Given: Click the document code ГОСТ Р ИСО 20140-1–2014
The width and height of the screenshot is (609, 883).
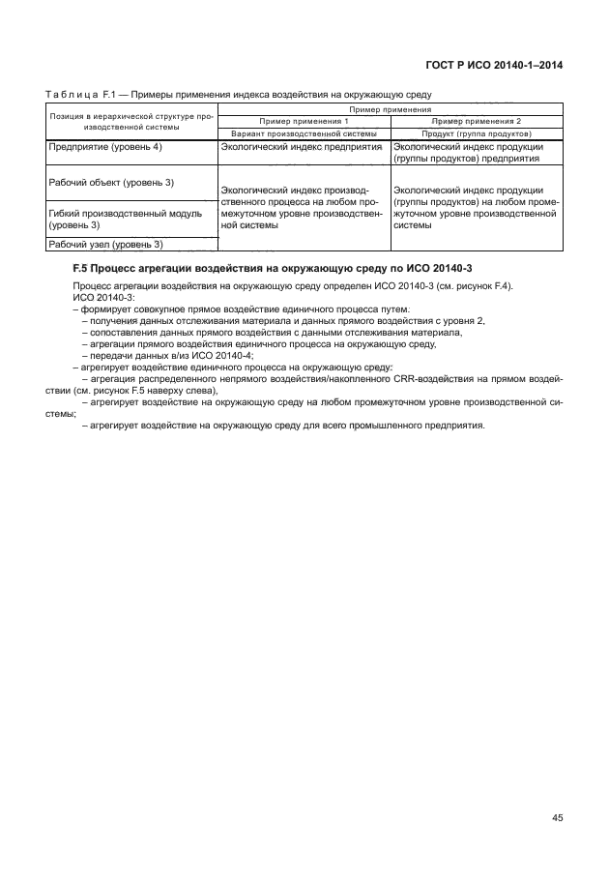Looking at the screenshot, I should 494,65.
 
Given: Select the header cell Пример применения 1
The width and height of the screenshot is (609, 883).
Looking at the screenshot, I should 304,121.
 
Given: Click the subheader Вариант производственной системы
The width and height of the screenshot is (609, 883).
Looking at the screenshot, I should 304,132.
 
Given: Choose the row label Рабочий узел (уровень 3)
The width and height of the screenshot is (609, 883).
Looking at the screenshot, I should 105,244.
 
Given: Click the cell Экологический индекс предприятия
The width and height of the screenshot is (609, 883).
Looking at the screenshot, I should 303,146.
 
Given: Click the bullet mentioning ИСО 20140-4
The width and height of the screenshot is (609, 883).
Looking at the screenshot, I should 169,354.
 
